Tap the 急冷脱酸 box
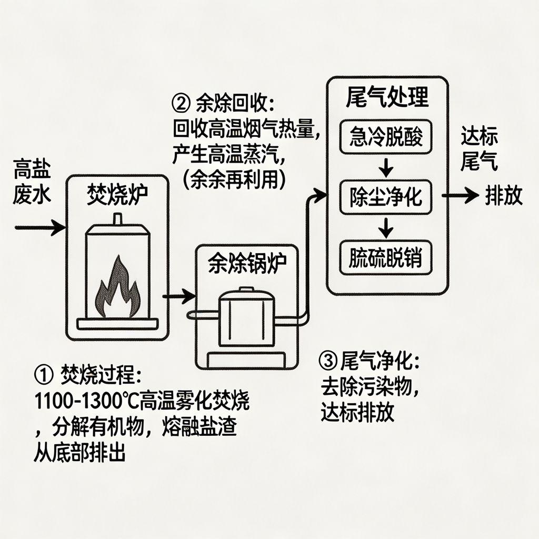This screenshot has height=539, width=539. pos(387,138)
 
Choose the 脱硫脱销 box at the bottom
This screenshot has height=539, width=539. pos(387,257)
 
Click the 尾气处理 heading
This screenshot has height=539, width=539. pos(387,98)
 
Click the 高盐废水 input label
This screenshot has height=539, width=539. pos(33,181)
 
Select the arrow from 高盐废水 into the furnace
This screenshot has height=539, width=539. pos(40,227)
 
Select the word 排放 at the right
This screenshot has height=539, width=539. pos(504,196)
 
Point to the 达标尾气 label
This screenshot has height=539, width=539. pos(479,148)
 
